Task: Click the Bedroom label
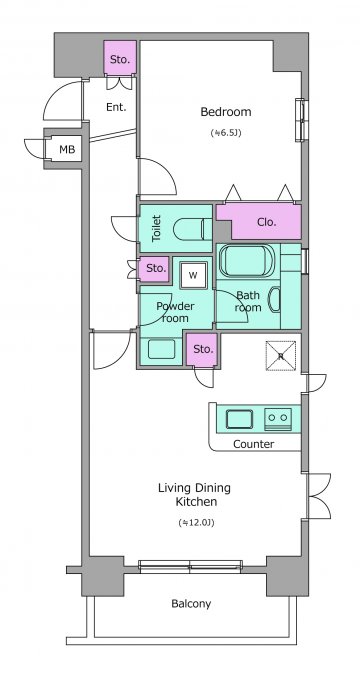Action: coord(225,112)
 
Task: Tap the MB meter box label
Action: coord(67,150)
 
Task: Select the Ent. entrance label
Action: coord(116,108)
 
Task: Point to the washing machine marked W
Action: coord(193,276)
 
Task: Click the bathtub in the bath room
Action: coord(247,260)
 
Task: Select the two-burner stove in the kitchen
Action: coord(278,418)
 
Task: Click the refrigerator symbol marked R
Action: coord(281,356)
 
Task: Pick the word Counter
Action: coord(253,444)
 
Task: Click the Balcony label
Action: coord(191,604)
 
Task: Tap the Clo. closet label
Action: coord(266,222)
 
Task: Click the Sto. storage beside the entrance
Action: coord(120,59)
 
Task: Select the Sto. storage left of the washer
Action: coord(156,268)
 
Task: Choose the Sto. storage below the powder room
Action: coord(203,349)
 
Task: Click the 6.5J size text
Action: coord(226,133)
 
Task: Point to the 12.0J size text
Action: coord(196,523)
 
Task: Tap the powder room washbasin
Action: coord(161,349)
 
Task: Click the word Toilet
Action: coord(156,228)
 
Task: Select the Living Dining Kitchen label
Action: coord(195,495)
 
